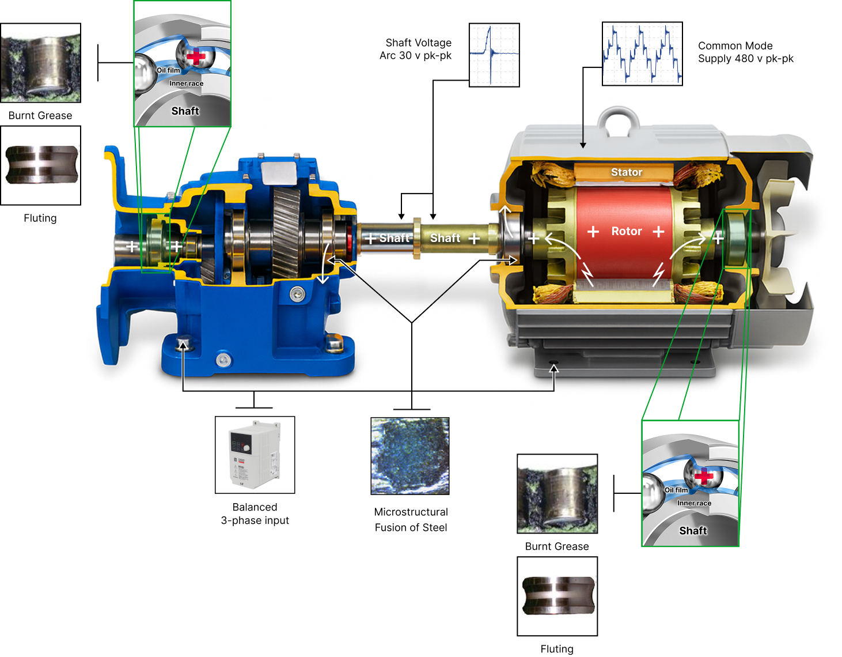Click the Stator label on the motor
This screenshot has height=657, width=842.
click(x=626, y=172)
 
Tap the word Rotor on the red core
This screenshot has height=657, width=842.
click(x=626, y=231)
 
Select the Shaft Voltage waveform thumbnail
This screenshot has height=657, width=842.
click(x=494, y=55)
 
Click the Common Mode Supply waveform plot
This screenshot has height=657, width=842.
click(x=642, y=54)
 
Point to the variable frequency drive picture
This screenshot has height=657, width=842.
click(x=255, y=454)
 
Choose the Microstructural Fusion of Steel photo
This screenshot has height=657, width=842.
click(x=409, y=455)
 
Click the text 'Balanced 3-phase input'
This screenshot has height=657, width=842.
click(x=255, y=513)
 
